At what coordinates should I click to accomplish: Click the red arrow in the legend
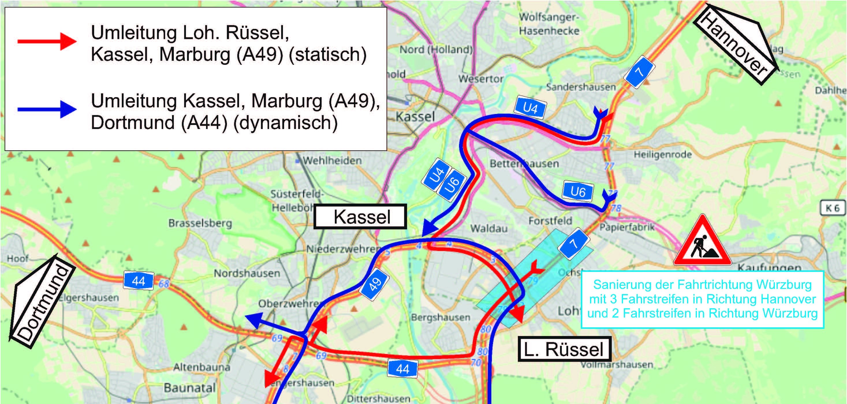pyautogui.click(x=47, y=41)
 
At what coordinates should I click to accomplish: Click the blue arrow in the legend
pyautogui.click(x=47, y=109)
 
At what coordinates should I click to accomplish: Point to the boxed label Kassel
pyautogui.click(x=360, y=217)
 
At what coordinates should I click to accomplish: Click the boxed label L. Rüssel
pyautogui.click(x=564, y=349)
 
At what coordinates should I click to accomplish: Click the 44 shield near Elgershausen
pyautogui.click(x=139, y=281)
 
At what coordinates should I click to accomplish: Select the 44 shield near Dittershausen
pyautogui.click(x=402, y=369)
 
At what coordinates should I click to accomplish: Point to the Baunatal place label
pyautogui.click(x=190, y=388)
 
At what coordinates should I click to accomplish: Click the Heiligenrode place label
pyautogui.click(x=663, y=154)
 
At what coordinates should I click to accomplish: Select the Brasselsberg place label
pyautogui.click(x=200, y=223)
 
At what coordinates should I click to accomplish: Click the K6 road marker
pyautogui.click(x=832, y=208)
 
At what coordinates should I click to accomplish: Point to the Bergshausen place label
pyautogui.click(x=441, y=318)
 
